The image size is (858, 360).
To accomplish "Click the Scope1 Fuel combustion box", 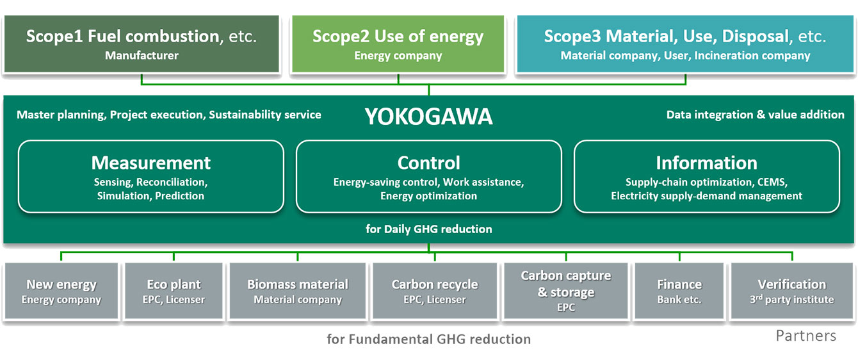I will click(x=142, y=44).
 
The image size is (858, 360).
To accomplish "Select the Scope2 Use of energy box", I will click(x=398, y=44).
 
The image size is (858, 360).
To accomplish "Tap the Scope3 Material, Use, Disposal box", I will click(x=685, y=44).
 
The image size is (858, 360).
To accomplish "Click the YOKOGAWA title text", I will click(x=428, y=117).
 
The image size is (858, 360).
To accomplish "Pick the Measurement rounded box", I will click(x=150, y=176).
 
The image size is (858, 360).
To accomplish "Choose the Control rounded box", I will click(x=428, y=176).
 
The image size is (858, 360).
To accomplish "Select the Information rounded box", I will click(x=706, y=176).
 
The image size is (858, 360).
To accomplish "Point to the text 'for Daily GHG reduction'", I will click(x=428, y=229).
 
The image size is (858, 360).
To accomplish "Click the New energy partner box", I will click(x=61, y=291).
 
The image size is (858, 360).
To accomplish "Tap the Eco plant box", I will click(x=174, y=291).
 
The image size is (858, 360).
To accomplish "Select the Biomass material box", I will click(x=298, y=291).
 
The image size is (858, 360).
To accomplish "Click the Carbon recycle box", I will click(x=435, y=291).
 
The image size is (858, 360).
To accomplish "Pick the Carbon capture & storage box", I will click(x=566, y=291).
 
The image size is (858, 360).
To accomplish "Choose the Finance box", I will click(x=679, y=291).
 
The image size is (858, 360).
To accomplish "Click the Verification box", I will click(x=792, y=291).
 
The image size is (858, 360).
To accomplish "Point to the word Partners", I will click(x=805, y=336).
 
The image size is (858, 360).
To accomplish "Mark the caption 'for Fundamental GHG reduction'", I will click(x=428, y=339).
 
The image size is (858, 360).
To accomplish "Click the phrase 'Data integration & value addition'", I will click(x=755, y=115).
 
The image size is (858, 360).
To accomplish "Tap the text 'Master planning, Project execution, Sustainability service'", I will click(x=169, y=115).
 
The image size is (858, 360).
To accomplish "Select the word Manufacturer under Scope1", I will click(x=142, y=56).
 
